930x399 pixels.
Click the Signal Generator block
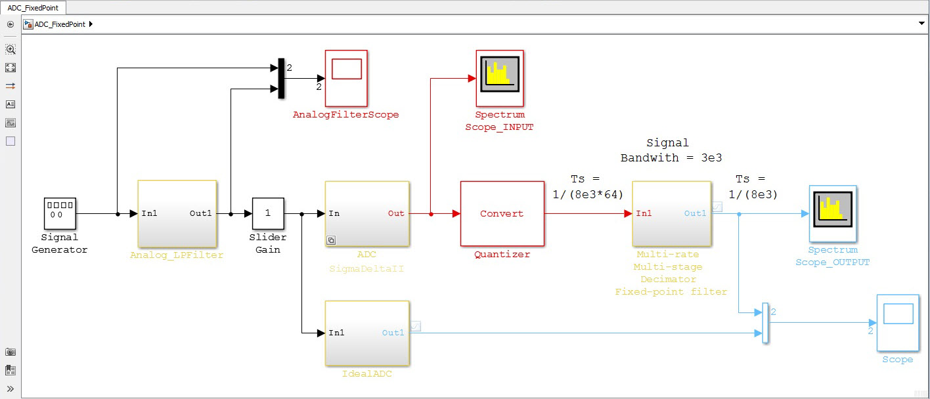pos(60,213)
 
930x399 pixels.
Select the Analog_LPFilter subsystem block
pos(177,213)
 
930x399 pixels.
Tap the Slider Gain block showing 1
pos(268,213)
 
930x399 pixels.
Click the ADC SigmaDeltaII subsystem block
pos(367,213)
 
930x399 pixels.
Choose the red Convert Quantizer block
pos(502,213)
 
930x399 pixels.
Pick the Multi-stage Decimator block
pos(671,213)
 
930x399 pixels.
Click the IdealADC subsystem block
pos(367,333)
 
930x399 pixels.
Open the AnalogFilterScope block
pos(347,77)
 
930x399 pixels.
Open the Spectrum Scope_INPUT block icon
pos(500,77)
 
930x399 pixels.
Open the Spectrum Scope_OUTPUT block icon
pos(833,213)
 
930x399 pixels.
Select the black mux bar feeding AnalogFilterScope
pos(281,78)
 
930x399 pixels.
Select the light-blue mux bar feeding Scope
pos(764,322)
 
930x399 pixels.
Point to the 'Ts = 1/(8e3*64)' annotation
pos(586,186)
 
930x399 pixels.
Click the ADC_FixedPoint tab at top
pos(33,7)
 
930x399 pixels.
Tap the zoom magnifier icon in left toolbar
pos(11,49)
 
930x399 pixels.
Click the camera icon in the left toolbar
pos(11,352)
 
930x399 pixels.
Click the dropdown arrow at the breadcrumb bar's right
pos(921,24)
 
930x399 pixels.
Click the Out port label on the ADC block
pos(396,213)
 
